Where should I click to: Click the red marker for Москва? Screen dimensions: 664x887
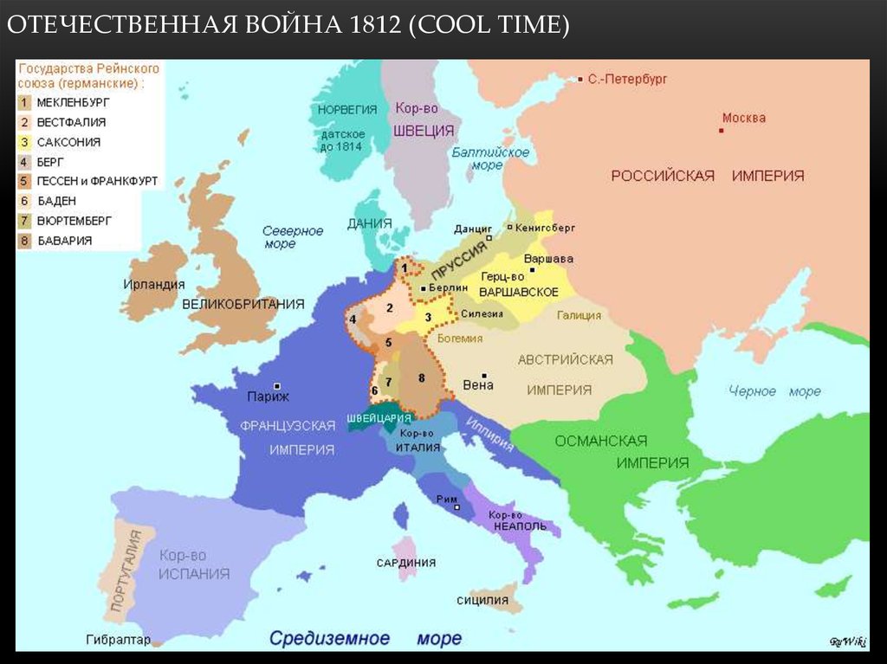[721, 131]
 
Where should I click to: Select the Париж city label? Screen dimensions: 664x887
[268, 396]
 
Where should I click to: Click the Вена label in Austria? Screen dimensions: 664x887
[478, 385]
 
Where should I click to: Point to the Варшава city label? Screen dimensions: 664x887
[548, 259]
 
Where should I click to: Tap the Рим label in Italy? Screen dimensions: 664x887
[447, 499]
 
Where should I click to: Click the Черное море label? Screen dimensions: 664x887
[774, 391]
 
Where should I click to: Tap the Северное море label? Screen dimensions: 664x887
[293, 237]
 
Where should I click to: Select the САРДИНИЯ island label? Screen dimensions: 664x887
[405, 563]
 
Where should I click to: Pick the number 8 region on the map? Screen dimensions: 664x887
[422, 378]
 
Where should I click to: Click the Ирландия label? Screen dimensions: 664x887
[153, 284]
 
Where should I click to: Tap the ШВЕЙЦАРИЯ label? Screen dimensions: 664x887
[378, 417]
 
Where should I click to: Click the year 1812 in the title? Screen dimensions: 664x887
[371, 26]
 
